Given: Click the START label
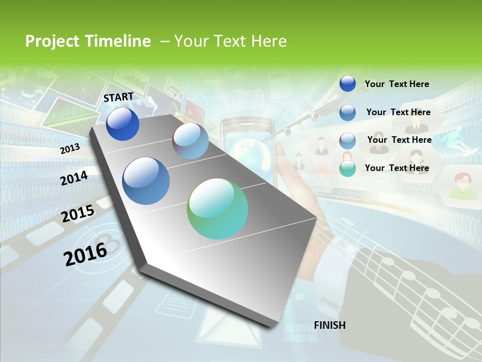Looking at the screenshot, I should (118, 97).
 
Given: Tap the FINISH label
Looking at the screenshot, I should (329, 325).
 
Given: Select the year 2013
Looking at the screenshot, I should (70, 148).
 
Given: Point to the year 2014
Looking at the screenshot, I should (74, 178).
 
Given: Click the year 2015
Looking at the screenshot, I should (78, 214).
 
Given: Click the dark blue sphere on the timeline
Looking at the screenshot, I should (123, 124).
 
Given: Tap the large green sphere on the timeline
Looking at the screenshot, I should (217, 209).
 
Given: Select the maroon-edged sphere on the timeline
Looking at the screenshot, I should (190, 141).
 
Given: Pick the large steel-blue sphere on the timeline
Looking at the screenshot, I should (146, 181).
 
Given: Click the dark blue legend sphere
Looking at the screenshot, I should (347, 84).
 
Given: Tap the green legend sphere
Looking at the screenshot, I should (347, 168).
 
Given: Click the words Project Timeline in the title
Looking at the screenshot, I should (88, 41).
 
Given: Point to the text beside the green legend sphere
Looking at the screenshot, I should (397, 168).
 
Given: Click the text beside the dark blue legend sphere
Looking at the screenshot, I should (397, 84).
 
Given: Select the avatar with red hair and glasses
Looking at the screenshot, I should (463, 184).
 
